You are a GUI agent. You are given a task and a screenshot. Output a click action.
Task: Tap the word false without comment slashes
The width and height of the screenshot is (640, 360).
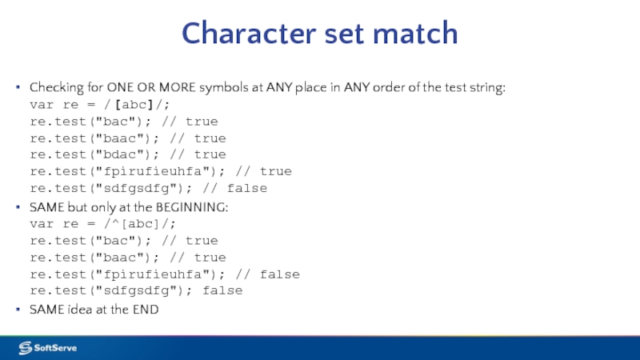(x=222, y=291)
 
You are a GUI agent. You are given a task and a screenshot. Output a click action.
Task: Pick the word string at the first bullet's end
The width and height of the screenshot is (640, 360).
(x=489, y=88)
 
